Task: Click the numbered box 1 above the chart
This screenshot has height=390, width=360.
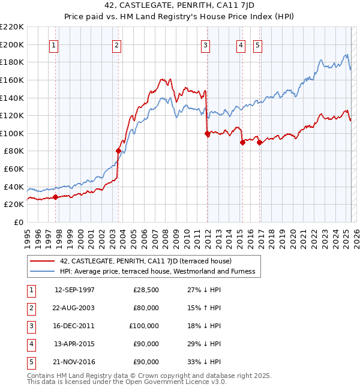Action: [x=54, y=44]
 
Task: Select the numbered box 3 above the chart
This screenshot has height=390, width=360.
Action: [x=206, y=44]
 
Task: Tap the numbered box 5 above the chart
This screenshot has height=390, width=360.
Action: [x=257, y=44]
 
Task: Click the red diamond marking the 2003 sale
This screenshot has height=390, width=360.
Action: [x=118, y=151]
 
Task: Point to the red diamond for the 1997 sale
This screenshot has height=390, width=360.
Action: [x=55, y=197]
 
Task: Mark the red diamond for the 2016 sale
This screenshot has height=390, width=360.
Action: [x=259, y=142]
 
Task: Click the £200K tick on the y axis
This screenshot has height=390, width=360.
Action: [x=12, y=44]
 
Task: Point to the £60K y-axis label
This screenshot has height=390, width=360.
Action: [x=14, y=169]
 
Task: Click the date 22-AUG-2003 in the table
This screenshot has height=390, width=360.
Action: [x=74, y=308]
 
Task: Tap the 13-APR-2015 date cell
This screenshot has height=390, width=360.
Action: [x=74, y=344]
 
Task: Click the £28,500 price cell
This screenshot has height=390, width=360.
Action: [x=145, y=290]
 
